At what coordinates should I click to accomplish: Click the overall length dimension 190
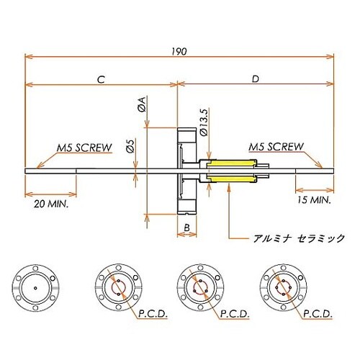point(179,52)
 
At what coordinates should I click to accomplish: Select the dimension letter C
point(101,79)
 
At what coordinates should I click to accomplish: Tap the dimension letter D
point(256,78)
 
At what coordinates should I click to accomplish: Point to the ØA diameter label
point(142,104)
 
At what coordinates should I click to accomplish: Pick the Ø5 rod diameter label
point(130,145)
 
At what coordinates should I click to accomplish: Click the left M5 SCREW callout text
point(84,148)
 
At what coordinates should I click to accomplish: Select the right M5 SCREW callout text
point(276,147)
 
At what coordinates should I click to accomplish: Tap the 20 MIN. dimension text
point(51,204)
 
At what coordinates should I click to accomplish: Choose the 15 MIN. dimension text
point(314,199)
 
